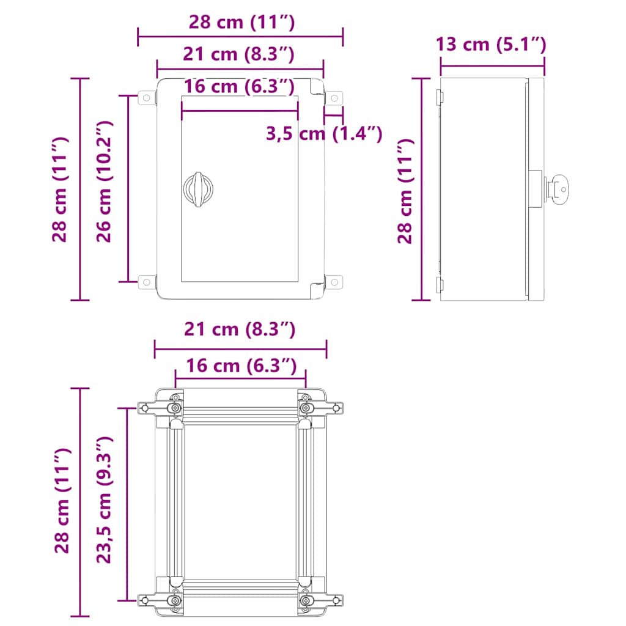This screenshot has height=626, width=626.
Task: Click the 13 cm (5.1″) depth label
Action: coord(491,45)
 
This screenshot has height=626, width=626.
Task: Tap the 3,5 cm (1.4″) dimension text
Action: coord(324,133)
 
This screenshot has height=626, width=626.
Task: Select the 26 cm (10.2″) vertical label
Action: coord(105,182)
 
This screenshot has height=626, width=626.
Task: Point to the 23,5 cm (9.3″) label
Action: coord(105,499)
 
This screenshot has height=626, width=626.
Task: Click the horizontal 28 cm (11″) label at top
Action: coord(241,23)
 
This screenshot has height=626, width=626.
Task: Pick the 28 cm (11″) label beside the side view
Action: coord(405,191)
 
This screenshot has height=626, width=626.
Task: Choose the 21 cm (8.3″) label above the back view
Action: coord(240,330)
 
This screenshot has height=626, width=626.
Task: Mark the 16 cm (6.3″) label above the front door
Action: coord(239,86)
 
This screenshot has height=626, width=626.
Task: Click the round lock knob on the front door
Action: coord(197,189)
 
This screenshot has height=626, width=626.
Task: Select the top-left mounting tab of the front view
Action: coord(147,98)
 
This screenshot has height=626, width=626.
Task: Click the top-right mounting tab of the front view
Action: coord(334,98)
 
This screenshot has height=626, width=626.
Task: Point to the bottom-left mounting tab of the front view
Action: coord(147,282)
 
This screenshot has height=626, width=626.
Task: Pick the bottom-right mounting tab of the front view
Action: coord(334,282)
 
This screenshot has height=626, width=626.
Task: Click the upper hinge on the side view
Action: coord(439,96)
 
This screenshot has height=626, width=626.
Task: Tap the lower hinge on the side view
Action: coord(439,282)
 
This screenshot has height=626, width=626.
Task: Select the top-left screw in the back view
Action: coord(175,408)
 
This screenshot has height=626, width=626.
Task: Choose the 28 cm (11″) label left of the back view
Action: coord(63,501)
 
